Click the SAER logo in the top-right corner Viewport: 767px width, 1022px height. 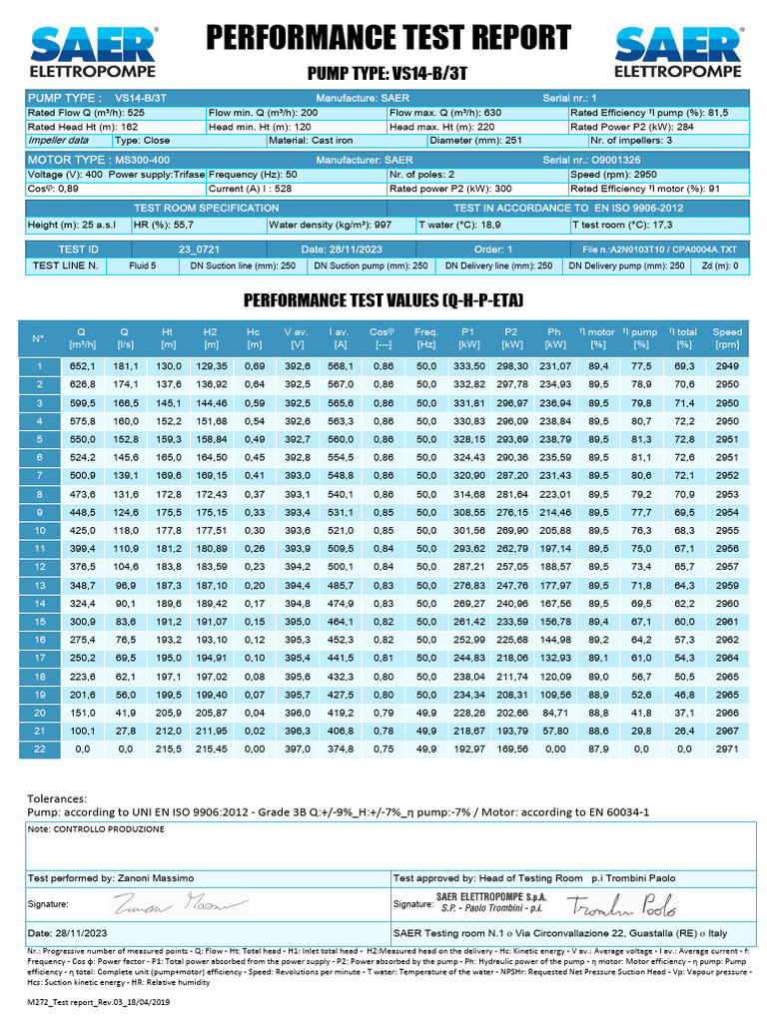point(678,52)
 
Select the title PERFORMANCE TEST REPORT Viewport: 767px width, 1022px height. point(388,38)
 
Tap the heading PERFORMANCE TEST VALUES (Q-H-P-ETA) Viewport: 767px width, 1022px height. point(384,300)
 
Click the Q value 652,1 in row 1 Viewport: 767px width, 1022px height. point(81,366)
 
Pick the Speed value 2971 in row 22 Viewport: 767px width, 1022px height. point(727,747)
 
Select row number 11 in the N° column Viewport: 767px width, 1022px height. point(39,548)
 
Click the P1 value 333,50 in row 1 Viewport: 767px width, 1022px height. point(469,366)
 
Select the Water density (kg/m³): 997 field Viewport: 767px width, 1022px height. point(330,225)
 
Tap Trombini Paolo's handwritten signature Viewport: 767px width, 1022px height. point(622,904)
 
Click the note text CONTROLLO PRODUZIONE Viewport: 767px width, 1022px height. point(97,829)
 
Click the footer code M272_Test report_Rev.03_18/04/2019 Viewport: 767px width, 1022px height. point(101,1001)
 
